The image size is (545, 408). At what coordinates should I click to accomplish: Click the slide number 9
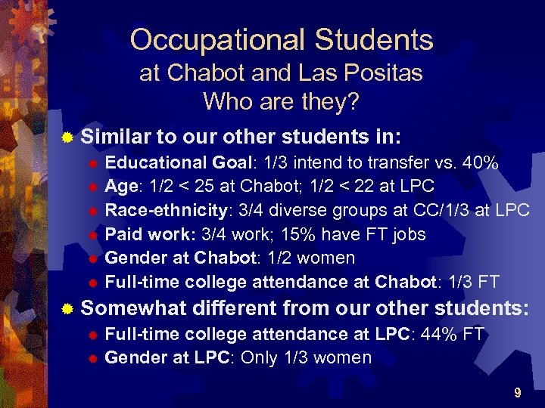coord(517,393)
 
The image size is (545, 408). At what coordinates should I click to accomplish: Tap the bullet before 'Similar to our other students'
coord(68,138)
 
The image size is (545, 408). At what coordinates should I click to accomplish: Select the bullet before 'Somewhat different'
coord(68,309)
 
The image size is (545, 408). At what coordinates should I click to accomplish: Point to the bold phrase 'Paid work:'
coord(148,234)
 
